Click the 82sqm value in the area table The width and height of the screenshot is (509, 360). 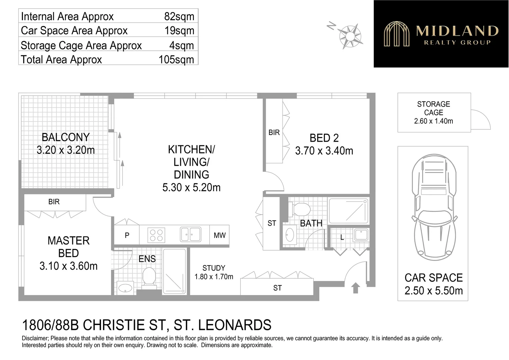coord(179,16)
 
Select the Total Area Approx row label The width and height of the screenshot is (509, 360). coord(61,59)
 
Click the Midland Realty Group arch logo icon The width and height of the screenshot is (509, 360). coord(396,34)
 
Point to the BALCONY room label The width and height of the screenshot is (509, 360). coord(66,137)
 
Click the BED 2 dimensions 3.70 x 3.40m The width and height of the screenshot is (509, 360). coord(324,151)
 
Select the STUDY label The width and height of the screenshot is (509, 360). coord(214,268)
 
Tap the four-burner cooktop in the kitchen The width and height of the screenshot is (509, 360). coord(156,235)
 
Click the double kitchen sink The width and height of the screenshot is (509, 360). coord(191,234)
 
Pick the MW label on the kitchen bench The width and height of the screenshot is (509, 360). coord(220,235)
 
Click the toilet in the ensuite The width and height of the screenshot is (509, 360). coord(149,277)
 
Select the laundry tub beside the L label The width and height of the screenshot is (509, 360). coord(360,235)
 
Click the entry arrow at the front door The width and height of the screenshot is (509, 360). coord(355,288)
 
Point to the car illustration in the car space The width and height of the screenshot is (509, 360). coord(433,207)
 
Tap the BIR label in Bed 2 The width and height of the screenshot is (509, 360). coord(274,133)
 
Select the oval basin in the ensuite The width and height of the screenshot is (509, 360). coord(125,288)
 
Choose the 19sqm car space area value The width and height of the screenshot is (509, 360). coord(179,31)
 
